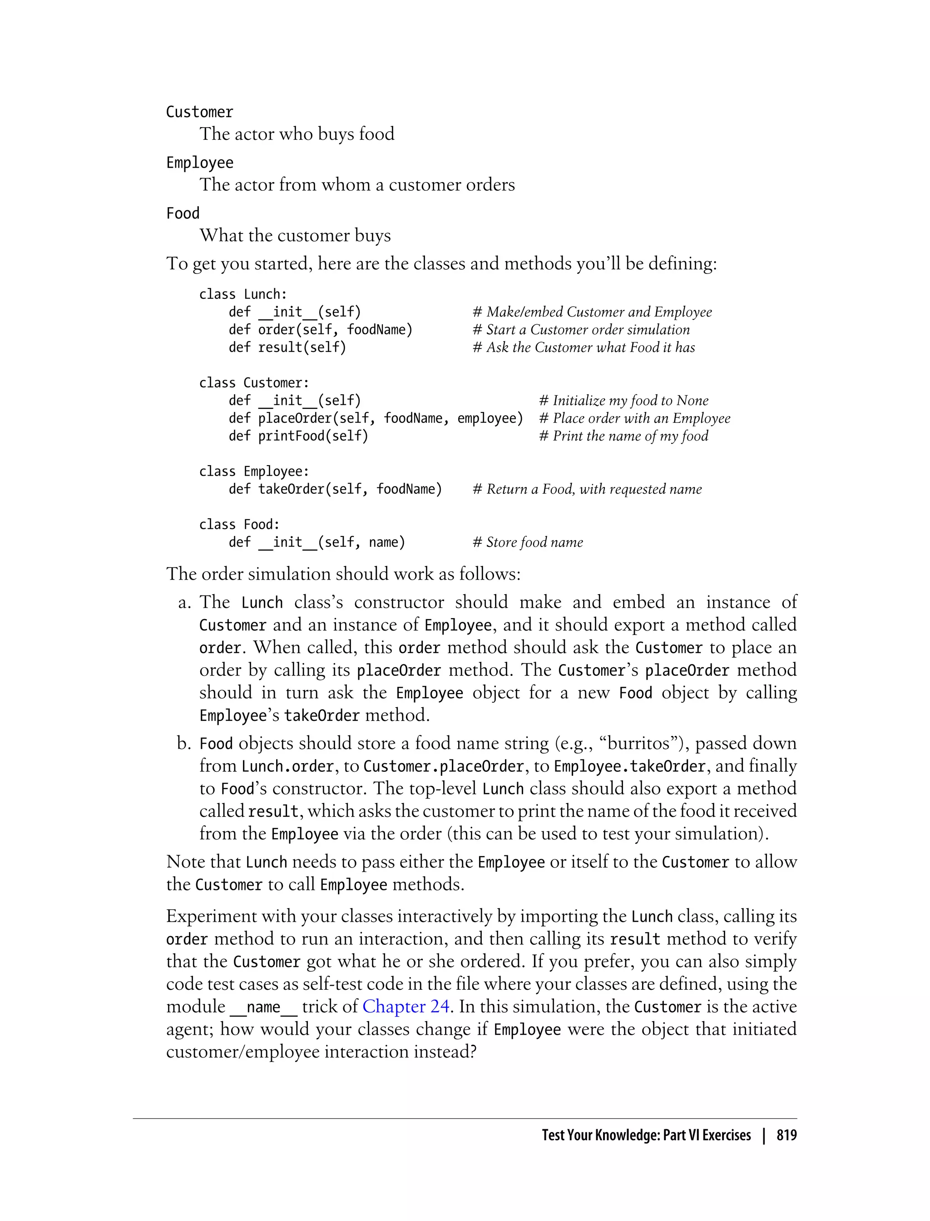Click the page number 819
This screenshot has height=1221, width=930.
786,1135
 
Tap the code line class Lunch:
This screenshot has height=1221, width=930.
243,294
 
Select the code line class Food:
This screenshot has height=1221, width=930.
239,524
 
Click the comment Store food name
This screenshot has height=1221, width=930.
528,542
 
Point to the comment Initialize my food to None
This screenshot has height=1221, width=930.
623,400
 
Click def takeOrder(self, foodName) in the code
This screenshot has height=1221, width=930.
335,489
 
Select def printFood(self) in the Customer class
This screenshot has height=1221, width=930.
298,436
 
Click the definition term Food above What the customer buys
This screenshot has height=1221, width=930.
183,213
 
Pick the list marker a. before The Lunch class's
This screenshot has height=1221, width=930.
184,602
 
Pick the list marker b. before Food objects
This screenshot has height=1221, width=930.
184,743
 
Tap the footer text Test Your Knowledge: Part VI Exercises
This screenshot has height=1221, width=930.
646,1135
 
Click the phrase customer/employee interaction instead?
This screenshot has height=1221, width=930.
321,1052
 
